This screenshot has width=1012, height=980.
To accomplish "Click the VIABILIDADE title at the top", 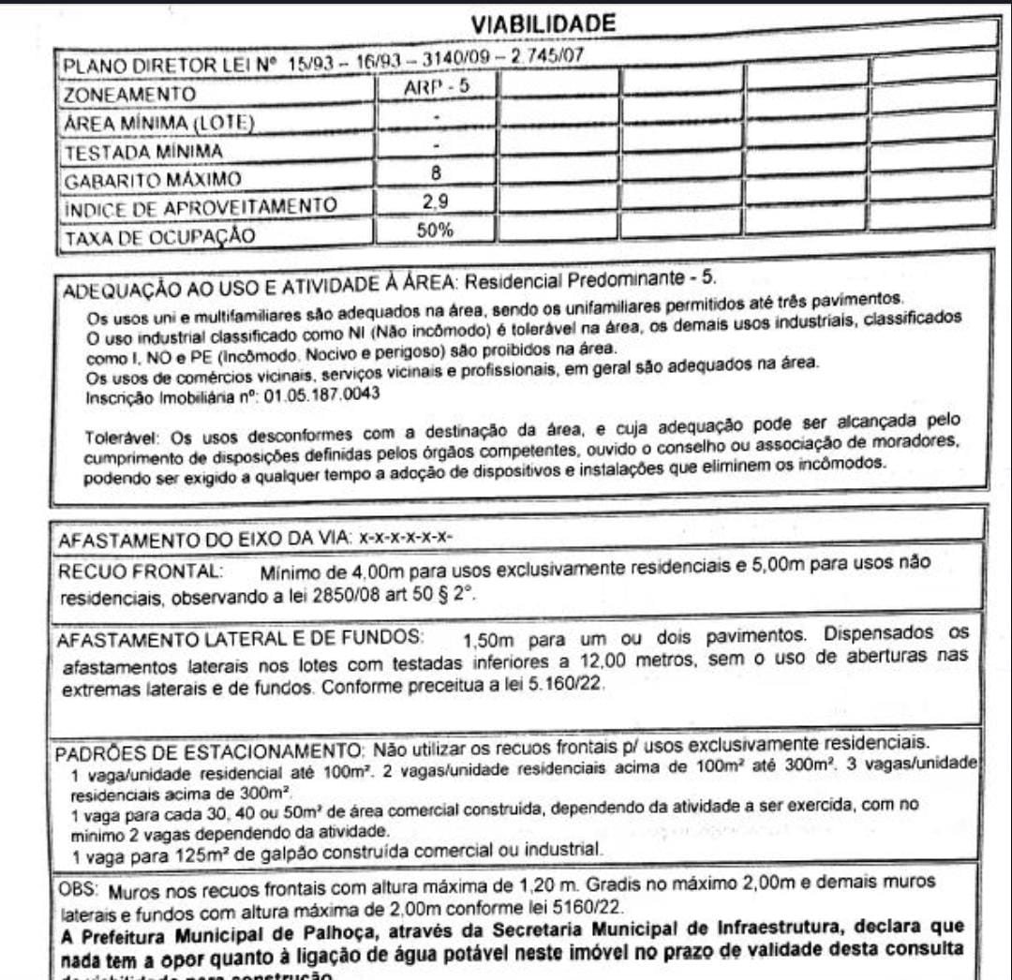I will [543, 23].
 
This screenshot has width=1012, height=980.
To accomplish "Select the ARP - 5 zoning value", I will [435, 86].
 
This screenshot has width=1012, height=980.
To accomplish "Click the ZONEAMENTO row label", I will [129, 96].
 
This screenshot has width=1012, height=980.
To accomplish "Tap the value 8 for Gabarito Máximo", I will [435, 172].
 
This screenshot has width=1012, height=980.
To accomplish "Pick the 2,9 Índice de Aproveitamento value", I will [435, 200].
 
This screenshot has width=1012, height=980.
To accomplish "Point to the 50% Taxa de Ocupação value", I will [435, 230].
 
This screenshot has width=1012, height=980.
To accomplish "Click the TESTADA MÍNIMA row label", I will [142, 152].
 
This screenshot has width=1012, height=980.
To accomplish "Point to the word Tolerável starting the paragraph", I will [114, 437].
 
